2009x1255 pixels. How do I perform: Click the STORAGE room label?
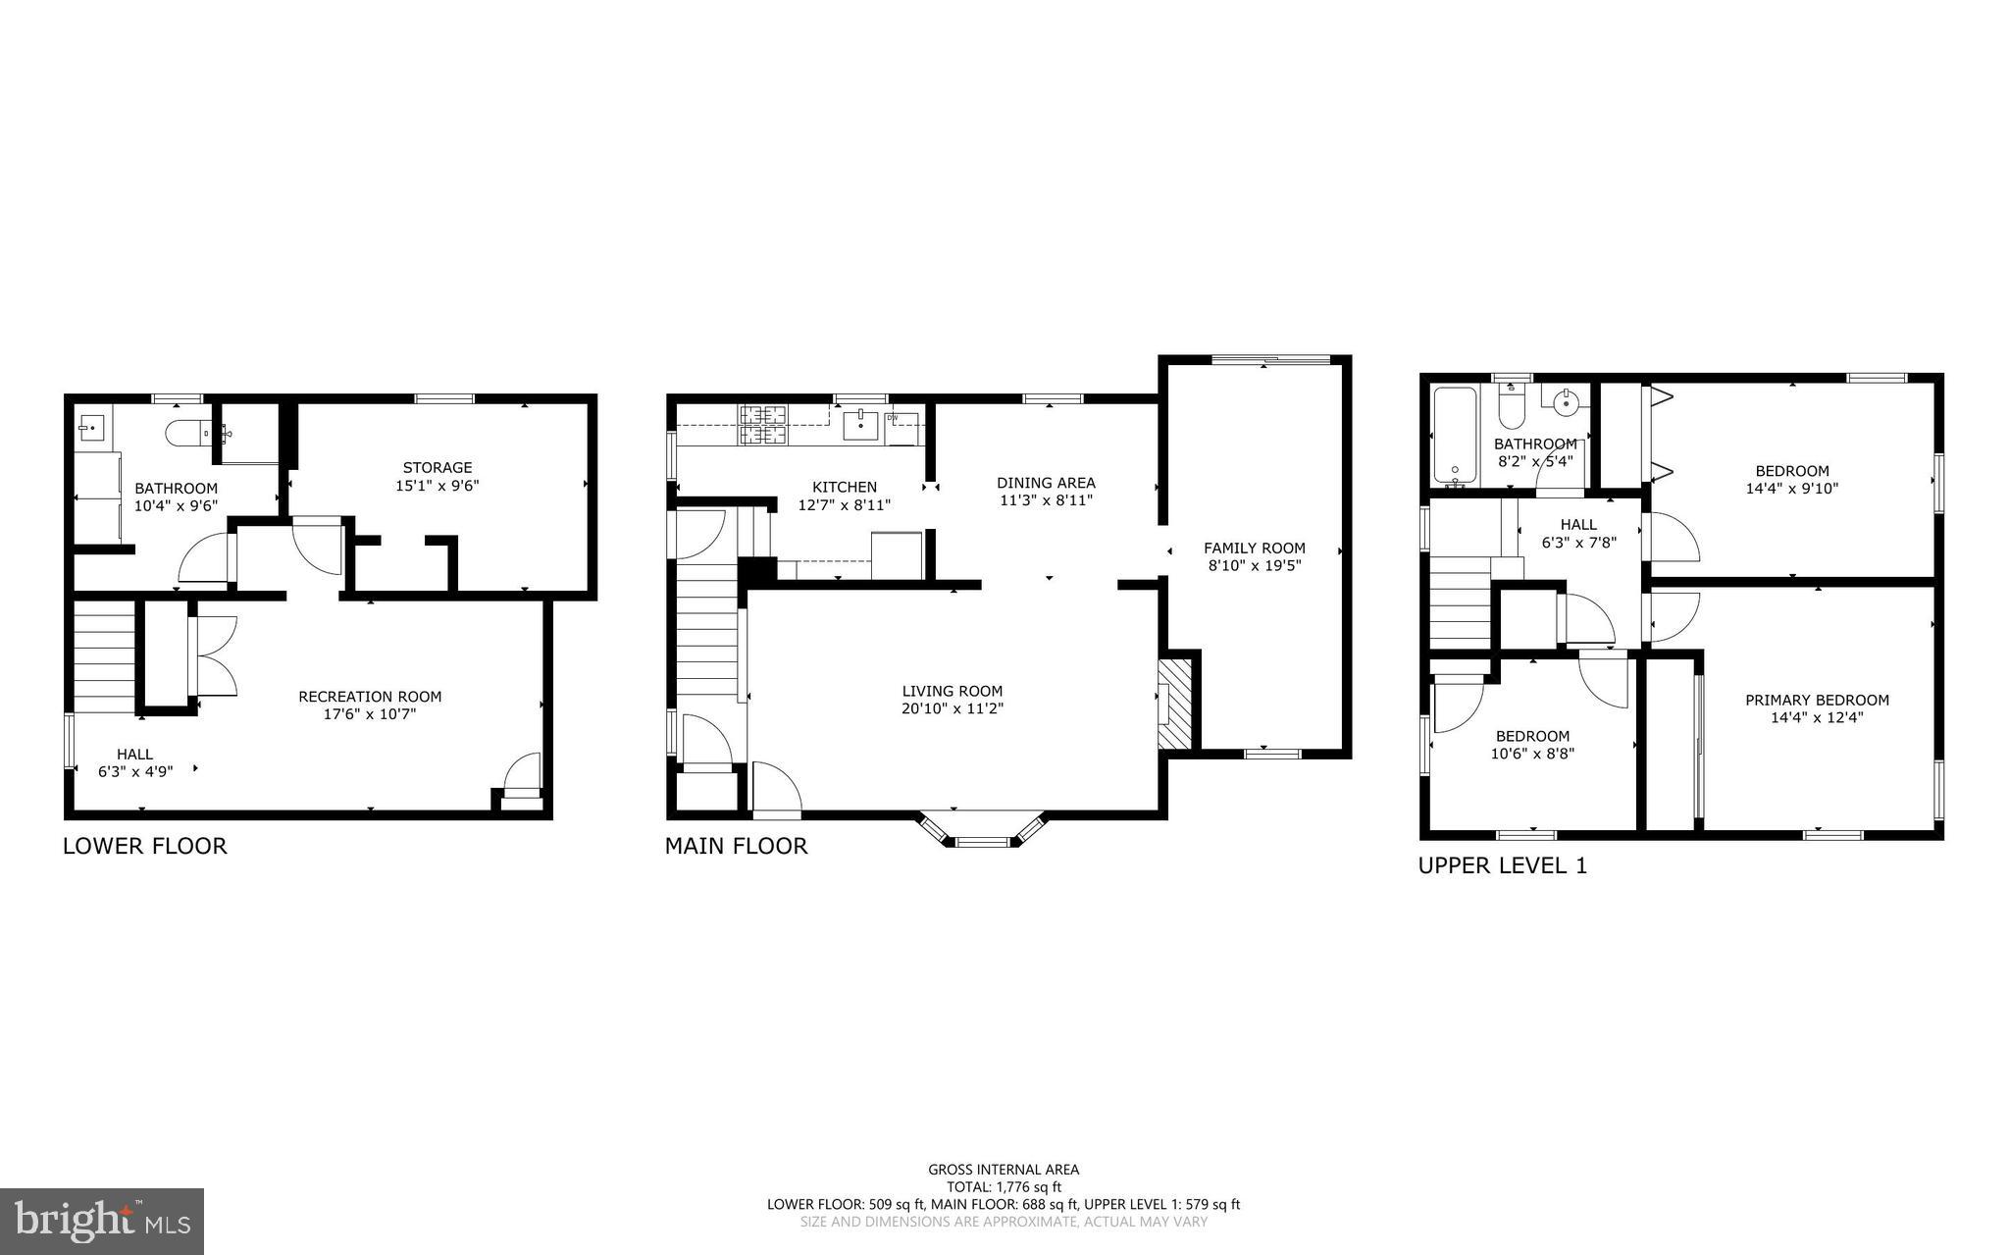click(x=438, y=468)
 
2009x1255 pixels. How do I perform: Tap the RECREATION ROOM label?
click(x=370, y=697)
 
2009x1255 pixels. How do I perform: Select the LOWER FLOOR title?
click(x=145, y=846)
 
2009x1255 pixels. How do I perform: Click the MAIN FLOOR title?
click(x=736, y=846)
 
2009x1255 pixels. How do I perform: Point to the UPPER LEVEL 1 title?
click(x=1502, y=865)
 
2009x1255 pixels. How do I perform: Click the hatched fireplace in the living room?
click(x=1175, y=706)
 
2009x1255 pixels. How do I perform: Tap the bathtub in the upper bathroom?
click(x=1454, y=436)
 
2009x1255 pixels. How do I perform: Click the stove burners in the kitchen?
click(x=763, y=425)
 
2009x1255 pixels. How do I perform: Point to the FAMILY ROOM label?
click(x=1255, y=549)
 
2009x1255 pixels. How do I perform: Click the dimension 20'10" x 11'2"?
click(x=953, y=708)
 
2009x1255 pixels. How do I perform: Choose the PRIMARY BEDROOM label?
click(x=1817, y=700)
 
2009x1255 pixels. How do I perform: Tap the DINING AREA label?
click(x=1046, y=483)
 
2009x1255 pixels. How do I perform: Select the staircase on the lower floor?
click(x=104, y=657)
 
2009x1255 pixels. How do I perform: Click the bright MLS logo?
click(x=102, y=1222)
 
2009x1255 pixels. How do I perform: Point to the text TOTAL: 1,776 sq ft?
click(x=1004, y=1186)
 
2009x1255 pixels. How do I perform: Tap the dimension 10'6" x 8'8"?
click(x=1531, y=754)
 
